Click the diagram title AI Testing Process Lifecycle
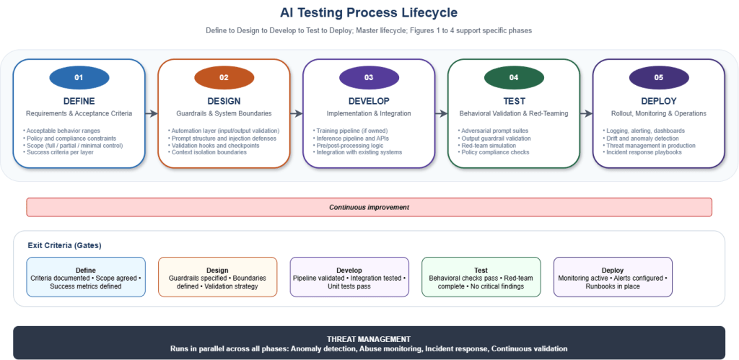[x=369, y=13]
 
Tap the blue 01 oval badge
[x=79, y=77]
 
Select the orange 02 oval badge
[x=224, y=77]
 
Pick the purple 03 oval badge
[x=369, y=77]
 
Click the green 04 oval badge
[x=513, y=77]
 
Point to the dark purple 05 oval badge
[x=658, y=77]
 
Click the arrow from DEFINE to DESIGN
[x=151, y=113]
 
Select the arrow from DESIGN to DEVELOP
[x=296, y=113]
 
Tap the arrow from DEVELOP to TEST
[x=441, y=113]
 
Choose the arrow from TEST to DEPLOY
[x=586, y=113]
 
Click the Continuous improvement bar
[x=369, y=207]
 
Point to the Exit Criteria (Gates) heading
[x=64, y=245]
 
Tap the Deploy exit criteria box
[x=613, y=277]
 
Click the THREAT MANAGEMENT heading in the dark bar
[x=369, y=338]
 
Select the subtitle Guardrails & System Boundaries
[x=224, y=113]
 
